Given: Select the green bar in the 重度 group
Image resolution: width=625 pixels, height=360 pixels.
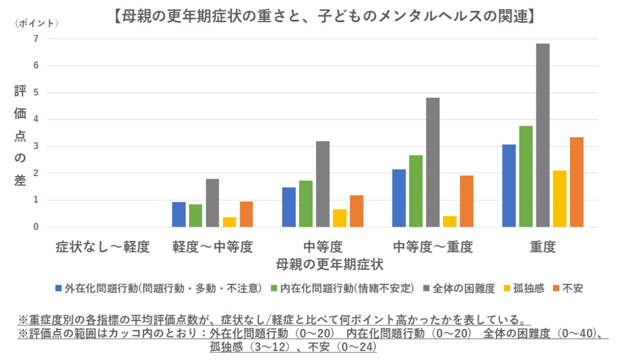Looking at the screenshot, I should point(526,176).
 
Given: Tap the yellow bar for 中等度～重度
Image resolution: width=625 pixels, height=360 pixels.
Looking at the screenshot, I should point(450,222).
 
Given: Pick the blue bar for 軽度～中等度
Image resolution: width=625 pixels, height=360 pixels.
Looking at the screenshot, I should point(179,214).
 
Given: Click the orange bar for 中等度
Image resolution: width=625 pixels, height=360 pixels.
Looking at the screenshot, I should point(357,211).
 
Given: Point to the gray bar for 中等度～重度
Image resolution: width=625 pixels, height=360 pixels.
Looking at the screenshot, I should point(433,162).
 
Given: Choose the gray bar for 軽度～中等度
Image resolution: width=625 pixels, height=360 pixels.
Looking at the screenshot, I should point(213,203).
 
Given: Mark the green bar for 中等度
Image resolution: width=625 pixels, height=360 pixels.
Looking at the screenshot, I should point(306,204).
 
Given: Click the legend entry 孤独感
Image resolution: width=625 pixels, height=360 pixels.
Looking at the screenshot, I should point(528,289).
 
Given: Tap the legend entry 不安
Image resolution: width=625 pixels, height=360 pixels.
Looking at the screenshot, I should point(572,289).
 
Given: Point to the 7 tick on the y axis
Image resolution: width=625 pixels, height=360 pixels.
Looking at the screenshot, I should point(35,39).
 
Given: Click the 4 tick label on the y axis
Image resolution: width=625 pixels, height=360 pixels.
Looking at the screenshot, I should point(35,120).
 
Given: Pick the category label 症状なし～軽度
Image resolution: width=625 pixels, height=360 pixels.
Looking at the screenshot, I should point(102,247).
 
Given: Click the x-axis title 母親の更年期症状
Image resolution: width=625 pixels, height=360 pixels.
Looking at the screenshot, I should point(330,264).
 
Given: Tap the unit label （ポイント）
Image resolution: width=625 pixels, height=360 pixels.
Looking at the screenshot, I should point(37,23).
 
